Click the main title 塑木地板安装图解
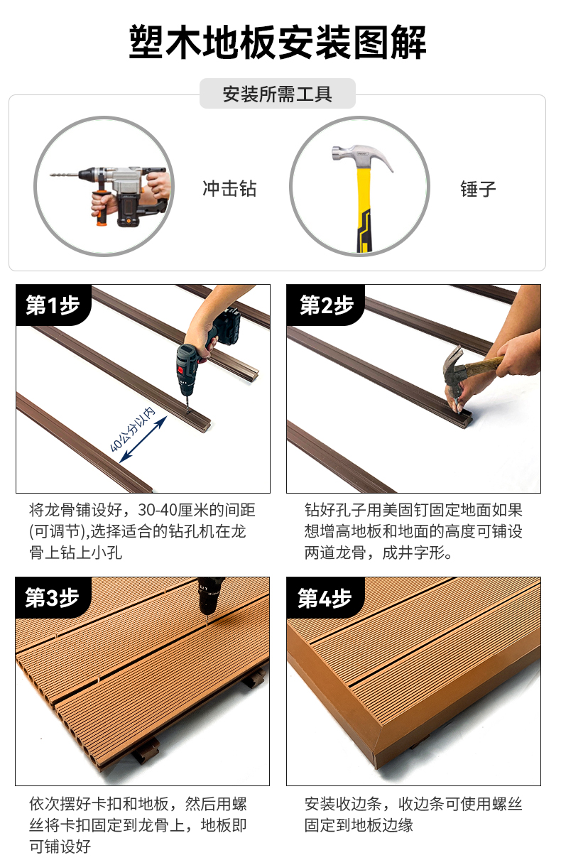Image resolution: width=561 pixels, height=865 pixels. [x=277, y=42]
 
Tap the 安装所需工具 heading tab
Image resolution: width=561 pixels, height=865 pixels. [x=277, y=94]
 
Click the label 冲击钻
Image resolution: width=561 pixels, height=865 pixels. [x=229, y=188]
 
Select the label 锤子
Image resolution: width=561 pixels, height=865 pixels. [x=478, y=189]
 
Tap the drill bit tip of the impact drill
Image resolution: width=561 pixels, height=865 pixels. [x=50, y=175]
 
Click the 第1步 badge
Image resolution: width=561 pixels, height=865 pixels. [x=53, y=305]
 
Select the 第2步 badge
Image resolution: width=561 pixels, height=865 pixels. [x=326, y=305]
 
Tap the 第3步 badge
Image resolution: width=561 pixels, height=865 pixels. [x=53, y=598]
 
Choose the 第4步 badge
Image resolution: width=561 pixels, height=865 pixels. [x=325, y=598]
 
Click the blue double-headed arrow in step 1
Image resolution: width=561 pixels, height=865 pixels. [x=143, y=439]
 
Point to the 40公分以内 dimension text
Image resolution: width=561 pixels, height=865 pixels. [x=132, y=429]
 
